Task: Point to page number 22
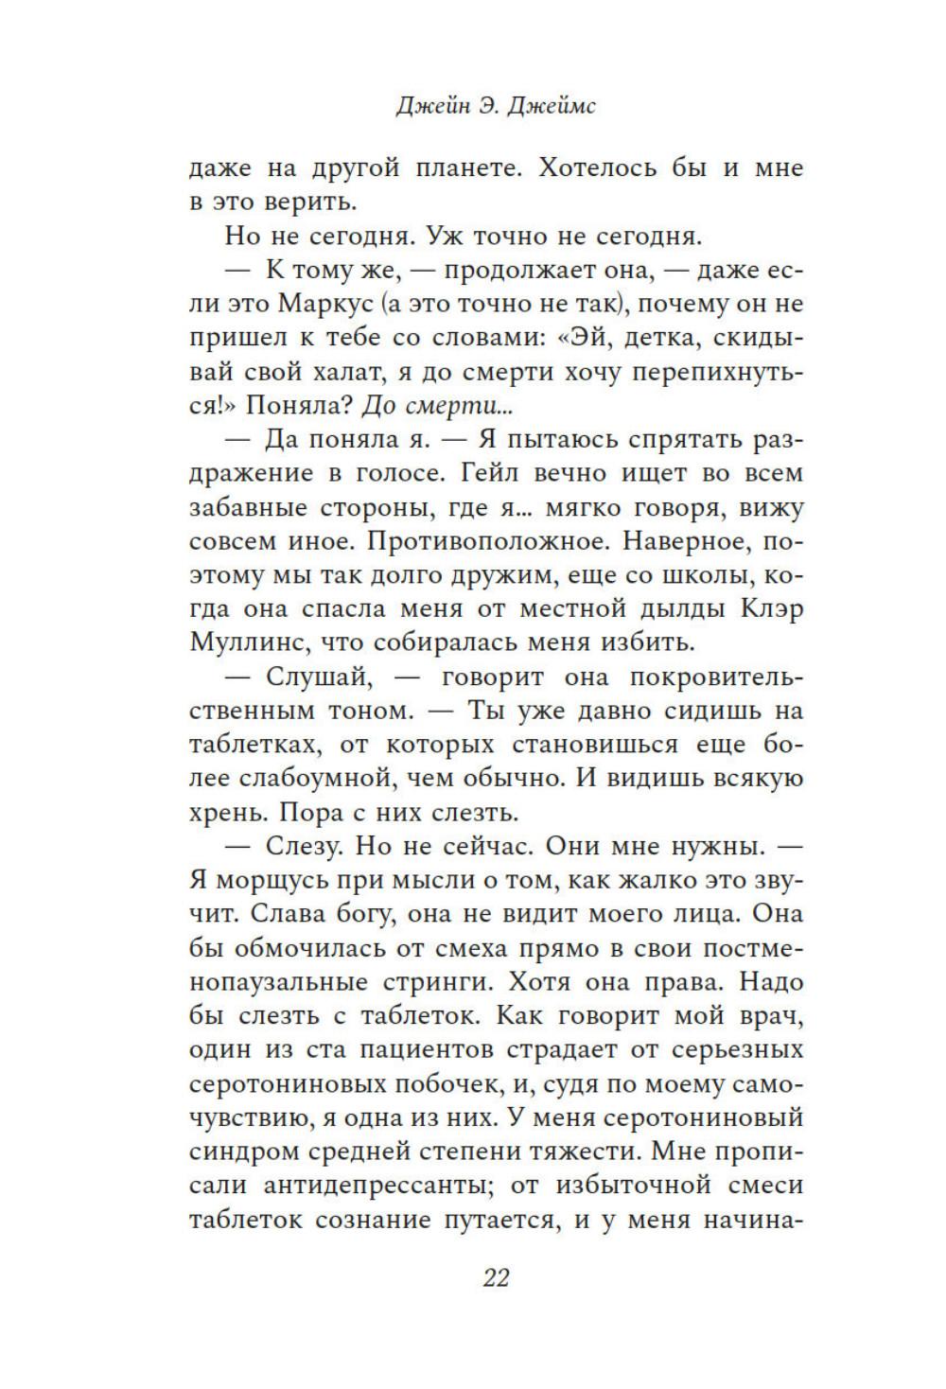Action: coord(496,1278)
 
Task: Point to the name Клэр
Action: coord(769,610)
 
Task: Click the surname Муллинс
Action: coord(249,644)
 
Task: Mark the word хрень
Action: coord(228,813)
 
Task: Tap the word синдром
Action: coord(239,1152)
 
